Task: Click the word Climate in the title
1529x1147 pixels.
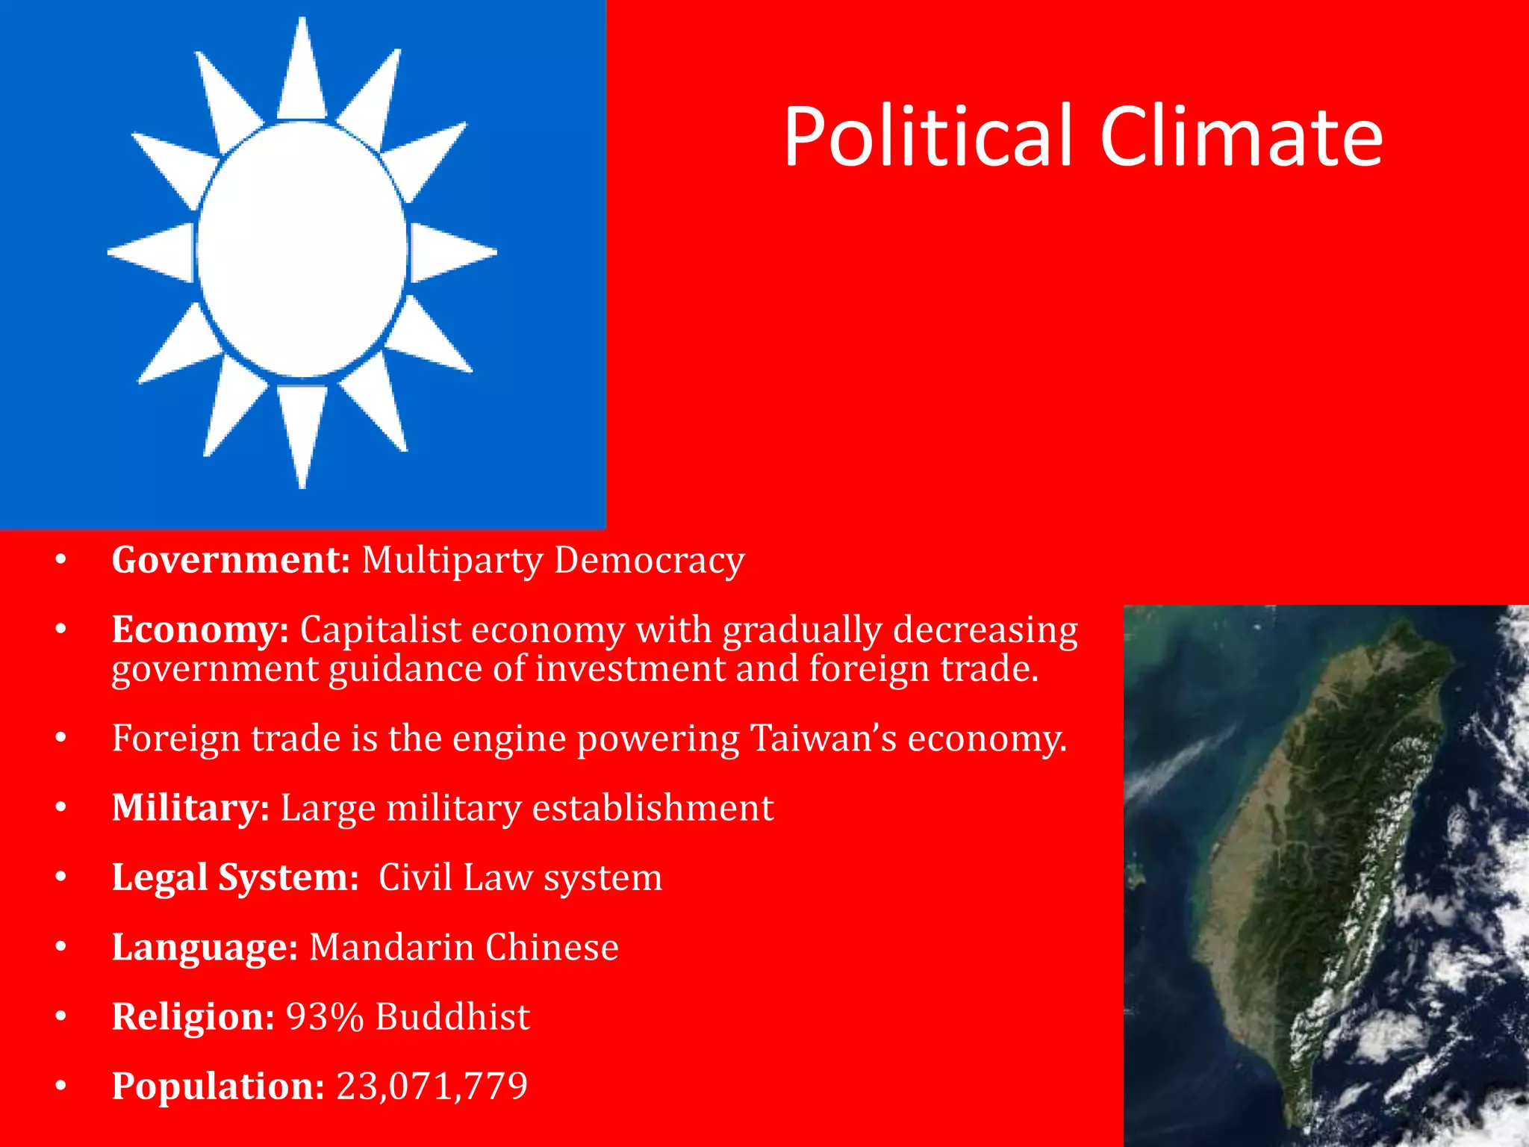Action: pos(1241,136)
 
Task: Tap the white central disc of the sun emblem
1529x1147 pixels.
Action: pos(302,249)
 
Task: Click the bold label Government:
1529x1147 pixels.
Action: pos(231,560)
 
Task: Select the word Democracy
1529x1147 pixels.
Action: pos(649,560)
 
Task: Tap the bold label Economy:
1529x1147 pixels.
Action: pos(200,630)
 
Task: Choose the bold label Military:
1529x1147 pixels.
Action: pos(190,808)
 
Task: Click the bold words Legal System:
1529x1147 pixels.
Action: pos(235,877)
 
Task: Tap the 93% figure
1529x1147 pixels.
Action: pos(325,1016)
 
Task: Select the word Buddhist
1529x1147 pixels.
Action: pos(452,1016)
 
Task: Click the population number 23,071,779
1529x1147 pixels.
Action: pos(432,1086)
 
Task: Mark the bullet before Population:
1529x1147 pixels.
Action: pos(61,1086)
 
